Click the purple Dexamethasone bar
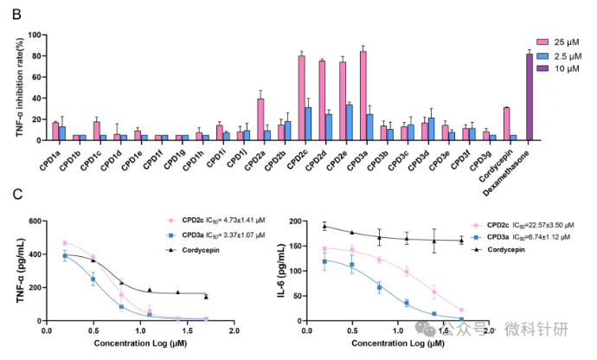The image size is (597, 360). (530, 97)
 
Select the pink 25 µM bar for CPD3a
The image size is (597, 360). (363, 96)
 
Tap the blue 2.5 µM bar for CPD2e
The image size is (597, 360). (350, 123)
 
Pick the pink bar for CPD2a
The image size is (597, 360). (260, 119)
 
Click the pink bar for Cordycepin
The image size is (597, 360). (507, 125)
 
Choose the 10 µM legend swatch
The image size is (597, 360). (542, 68)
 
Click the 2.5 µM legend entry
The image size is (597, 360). (559, 56)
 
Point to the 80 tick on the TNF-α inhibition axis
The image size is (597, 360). (37, 56)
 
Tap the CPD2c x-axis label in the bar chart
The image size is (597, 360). (298, 159)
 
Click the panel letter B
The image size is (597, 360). (16, 15)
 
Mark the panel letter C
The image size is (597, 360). (17, 195)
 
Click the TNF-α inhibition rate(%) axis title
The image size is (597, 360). (20, 87)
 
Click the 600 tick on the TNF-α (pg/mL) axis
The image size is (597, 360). (35, 222)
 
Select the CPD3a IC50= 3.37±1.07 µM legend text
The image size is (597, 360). (223, 235)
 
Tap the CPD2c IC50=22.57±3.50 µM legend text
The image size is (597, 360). (530, 225)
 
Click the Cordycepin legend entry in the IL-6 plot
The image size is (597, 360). (498, 250)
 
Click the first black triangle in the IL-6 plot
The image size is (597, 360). (324, 226)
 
